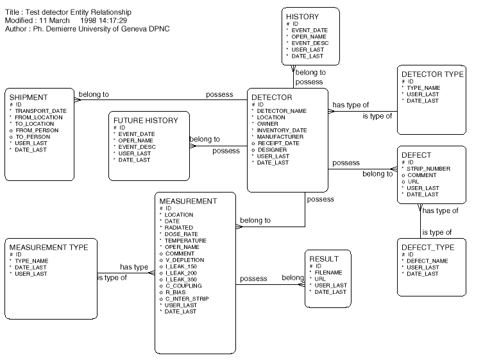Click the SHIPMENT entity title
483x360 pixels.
30,97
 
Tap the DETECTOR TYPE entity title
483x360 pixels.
432,74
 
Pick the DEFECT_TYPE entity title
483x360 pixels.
427,247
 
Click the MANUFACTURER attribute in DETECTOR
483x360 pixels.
280,137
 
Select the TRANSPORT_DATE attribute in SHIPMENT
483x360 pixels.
42,110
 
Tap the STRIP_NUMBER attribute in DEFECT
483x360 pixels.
428,169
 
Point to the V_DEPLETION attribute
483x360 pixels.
185,260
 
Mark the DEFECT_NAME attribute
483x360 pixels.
427,261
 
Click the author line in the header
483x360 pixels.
87,30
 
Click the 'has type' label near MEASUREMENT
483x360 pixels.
134,267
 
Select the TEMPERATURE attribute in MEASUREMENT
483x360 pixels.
185,241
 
